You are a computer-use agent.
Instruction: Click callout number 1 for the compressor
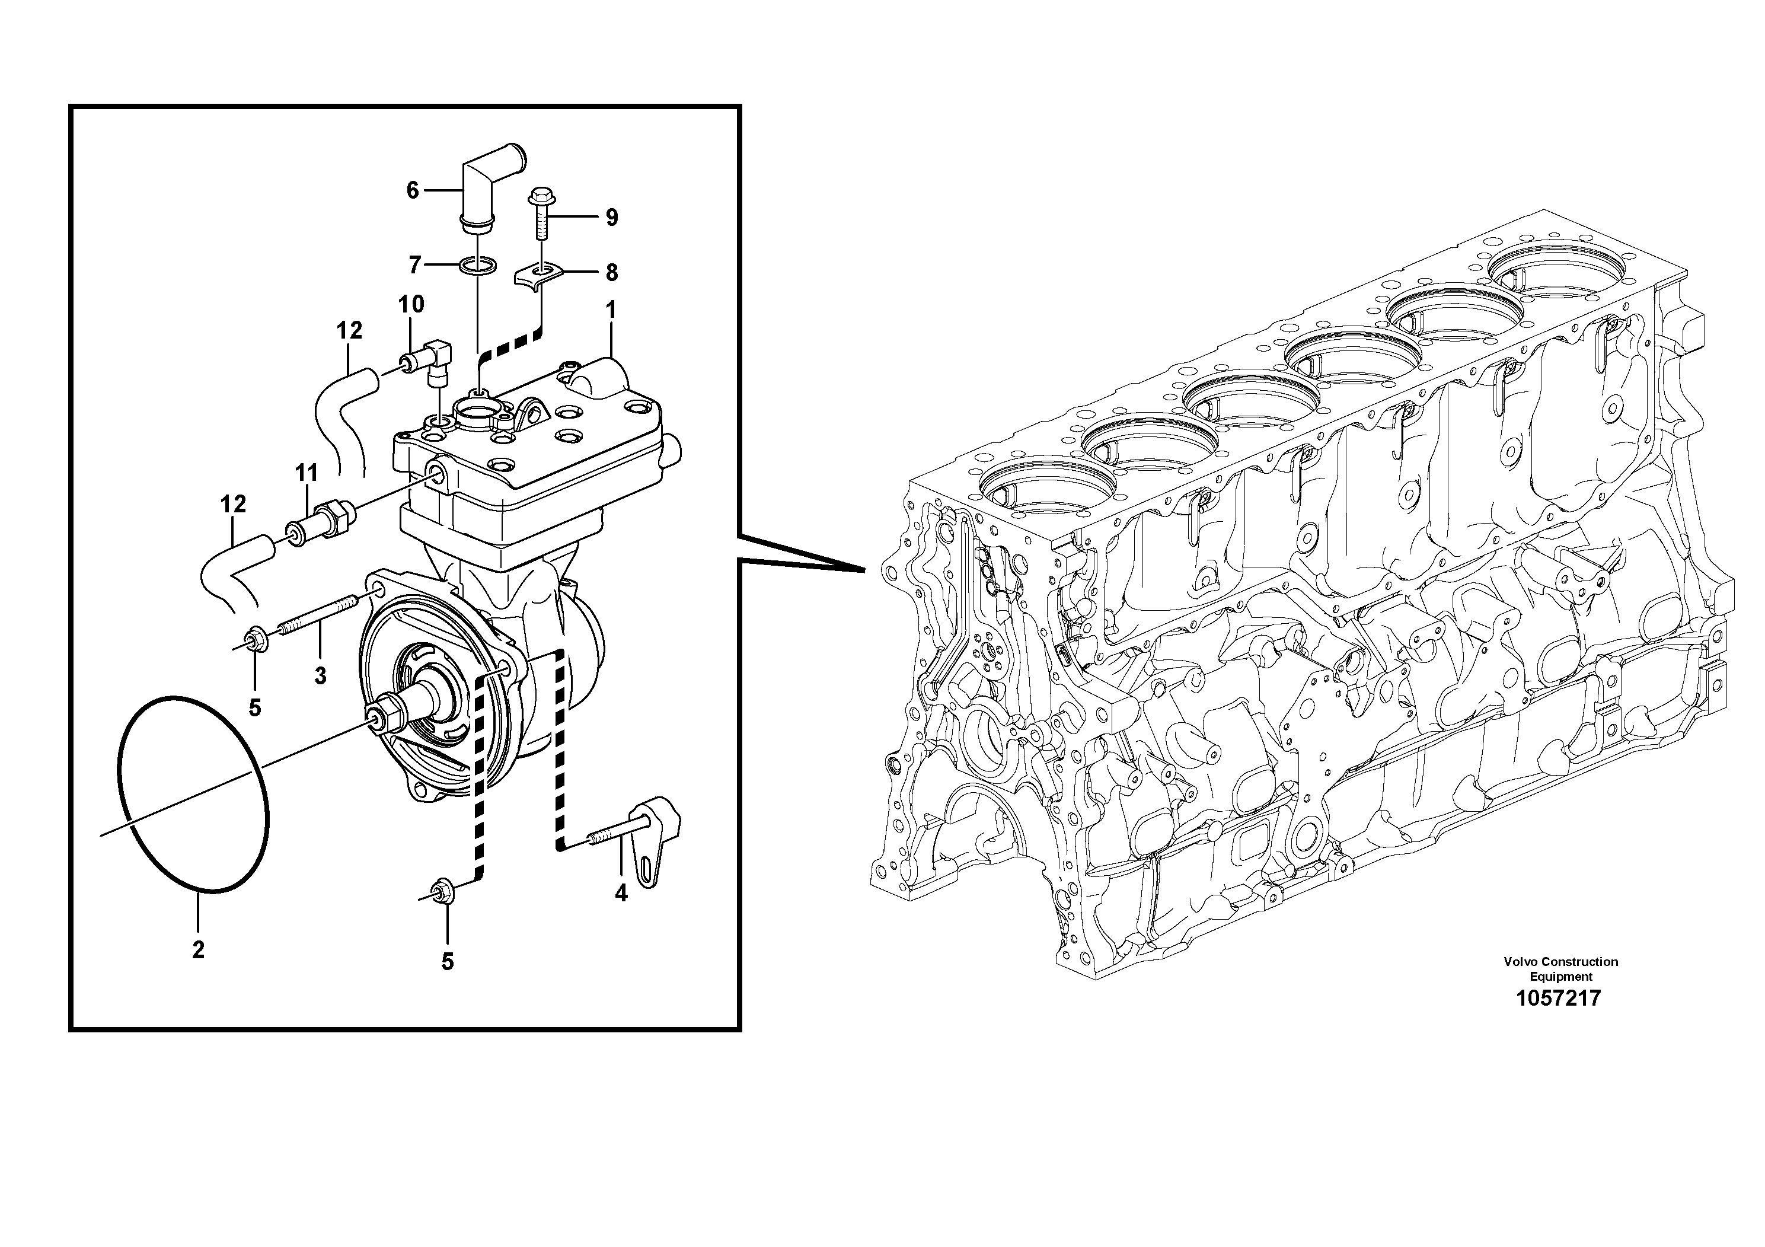point(611,311)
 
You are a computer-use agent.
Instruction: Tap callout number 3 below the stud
point(320,676)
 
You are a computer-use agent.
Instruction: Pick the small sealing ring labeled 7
point(477,266)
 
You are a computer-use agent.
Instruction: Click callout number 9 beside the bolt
point(611,218)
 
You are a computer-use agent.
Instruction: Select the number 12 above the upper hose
point(349,331)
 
